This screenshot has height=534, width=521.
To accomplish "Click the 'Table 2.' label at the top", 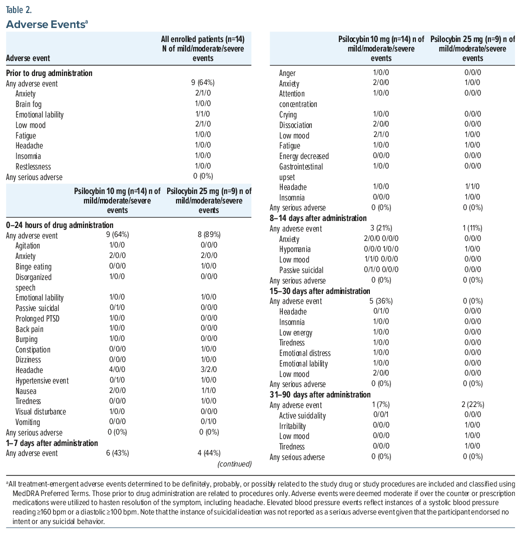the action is [19, 10].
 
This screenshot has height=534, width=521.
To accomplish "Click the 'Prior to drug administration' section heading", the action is [49, 73].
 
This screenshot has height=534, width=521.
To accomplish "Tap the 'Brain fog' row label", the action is [29, 104].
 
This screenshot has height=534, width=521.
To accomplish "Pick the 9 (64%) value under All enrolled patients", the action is [203, 82].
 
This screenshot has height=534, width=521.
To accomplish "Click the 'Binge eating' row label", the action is [34, 266].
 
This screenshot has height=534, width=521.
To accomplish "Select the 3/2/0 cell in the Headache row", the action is [209, 369].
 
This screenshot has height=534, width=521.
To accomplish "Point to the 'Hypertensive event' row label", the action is [42, 380].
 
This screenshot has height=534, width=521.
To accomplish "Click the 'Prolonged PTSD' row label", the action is [38, 319].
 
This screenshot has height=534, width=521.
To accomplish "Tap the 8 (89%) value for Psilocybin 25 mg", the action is [209, 234].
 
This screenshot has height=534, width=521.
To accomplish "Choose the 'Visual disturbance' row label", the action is [41, 411].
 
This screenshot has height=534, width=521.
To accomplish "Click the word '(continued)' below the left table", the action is [235, 464].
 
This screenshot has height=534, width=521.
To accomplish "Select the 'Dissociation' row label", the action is [296, 125].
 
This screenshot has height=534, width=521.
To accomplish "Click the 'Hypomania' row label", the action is [295, 249].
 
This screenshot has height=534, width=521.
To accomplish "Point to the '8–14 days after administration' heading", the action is [318, 218].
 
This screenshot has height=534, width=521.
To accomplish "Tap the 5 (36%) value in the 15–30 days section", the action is [381, 301].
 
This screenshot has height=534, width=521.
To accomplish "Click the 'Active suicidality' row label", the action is [302, 416].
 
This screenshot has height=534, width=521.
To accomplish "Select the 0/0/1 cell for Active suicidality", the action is [381, 414].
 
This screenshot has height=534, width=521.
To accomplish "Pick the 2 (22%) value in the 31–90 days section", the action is [472, 404].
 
